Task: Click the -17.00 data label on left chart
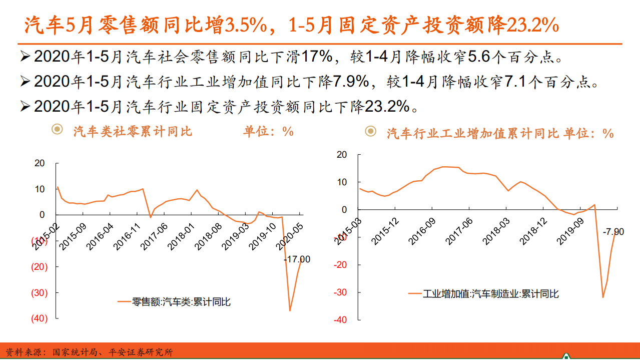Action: [297, 259]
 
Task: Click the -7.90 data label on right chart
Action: [613, 232]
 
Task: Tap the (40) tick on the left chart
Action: [39, 318]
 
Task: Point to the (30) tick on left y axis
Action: [39, 293]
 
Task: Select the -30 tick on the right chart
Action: [341, 292]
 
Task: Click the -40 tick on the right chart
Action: [341, 320]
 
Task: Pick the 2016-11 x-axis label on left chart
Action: [127, 237]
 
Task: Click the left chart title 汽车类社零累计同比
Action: [133, 132]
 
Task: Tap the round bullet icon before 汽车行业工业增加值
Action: [370, 132]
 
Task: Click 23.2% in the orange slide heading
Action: [532, 26]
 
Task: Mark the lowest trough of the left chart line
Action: [290, 311]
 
